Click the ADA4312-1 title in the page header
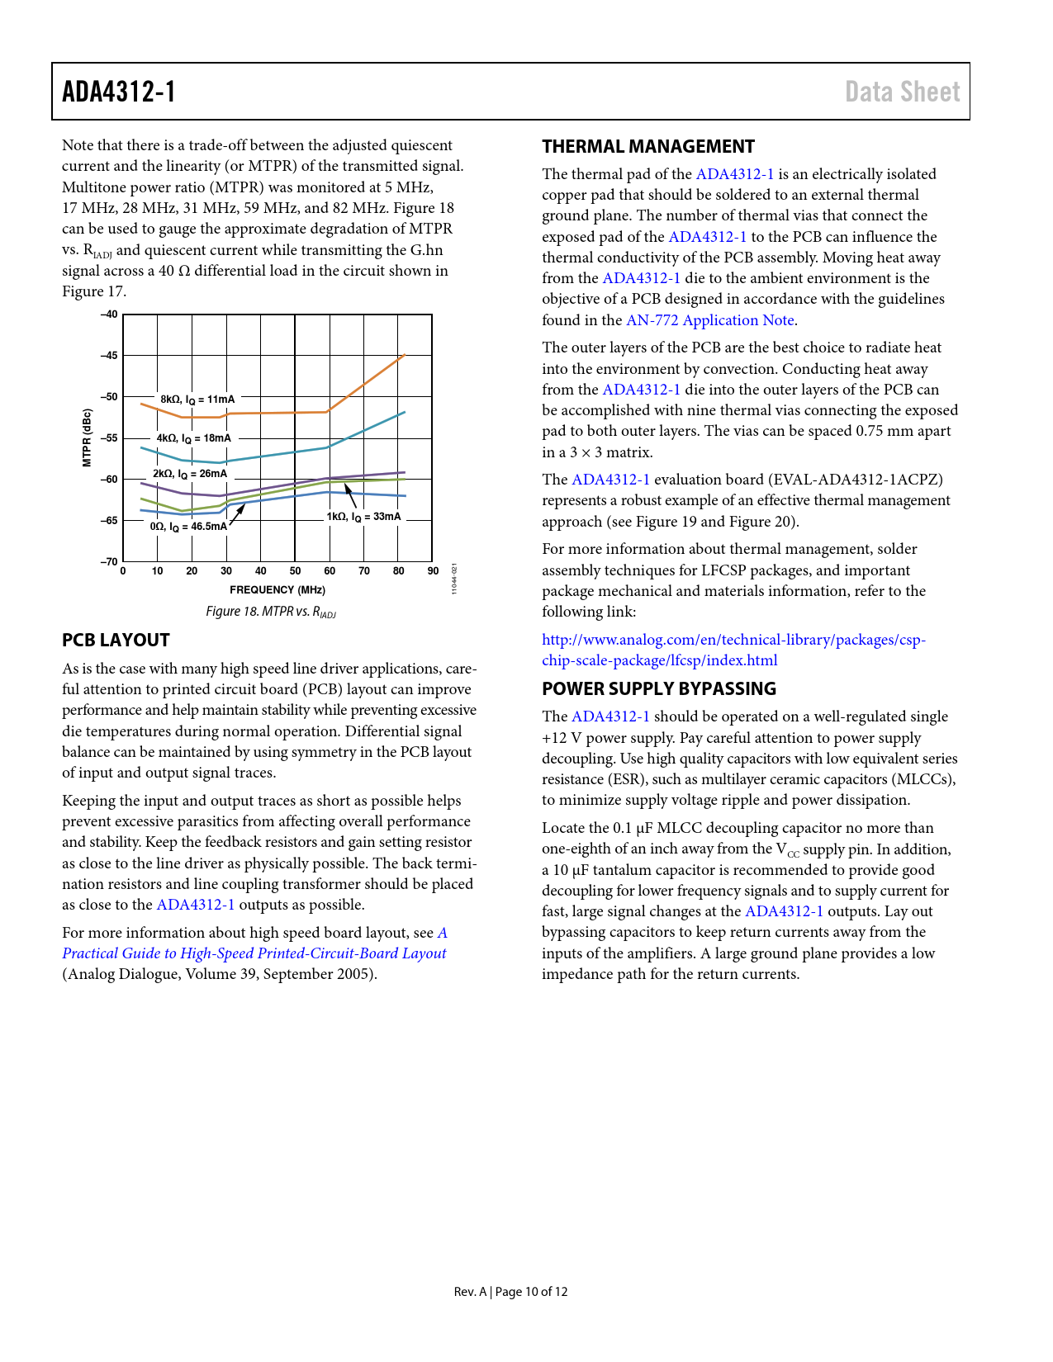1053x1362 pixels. click(119, 92)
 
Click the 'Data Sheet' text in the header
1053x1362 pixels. click(902, 92)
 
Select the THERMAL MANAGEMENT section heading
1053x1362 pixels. click(648, 147)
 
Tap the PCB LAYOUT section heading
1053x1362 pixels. click(116, 641)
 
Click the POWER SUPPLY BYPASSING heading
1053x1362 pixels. click(659, 689)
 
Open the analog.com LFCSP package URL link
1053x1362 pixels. click(733, 650)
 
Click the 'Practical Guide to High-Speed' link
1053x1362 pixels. click(254, 953)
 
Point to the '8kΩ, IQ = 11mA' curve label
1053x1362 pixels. click(197, 400)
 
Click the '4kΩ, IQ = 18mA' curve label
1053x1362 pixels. click(194, 438)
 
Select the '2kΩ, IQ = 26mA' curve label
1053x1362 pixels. click(190, 474)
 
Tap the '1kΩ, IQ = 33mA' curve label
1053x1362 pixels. click(363, 517)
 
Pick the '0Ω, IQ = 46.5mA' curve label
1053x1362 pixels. click(188, 527)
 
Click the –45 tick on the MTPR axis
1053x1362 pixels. click(109, 356)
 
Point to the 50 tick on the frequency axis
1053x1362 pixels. click(295, 571)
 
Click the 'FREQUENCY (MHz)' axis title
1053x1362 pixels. click(277, 590)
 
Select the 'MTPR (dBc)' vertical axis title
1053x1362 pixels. click(87, 438)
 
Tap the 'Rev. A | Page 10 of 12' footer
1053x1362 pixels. click(510, 1292)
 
